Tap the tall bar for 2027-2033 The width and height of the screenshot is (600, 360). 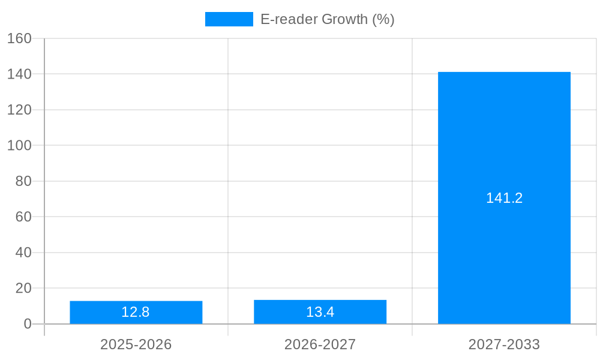coord(504,150)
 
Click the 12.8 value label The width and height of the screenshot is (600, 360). coord(136,313)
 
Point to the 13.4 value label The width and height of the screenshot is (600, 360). coord(320,313)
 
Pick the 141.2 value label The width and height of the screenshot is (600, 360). coord(504,199)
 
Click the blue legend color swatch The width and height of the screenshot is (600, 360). coord(229,19)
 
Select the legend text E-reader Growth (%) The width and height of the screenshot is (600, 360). coord(327,19)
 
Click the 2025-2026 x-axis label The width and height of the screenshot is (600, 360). coord(136,344)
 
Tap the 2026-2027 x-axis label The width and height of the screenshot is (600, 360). coord(320,344)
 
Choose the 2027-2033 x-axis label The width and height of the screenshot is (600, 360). coord(504,344)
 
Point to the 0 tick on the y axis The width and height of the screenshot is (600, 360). coord(27,324)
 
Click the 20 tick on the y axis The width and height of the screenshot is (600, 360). coord(23,288)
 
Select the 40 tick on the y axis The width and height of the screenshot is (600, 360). coord(23,253)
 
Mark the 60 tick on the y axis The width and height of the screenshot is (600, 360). coord(23,217)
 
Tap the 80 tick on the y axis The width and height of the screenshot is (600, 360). coord(23,181)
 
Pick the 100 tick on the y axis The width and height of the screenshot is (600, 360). coord(19,145)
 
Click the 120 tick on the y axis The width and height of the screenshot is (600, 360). coord(19,110)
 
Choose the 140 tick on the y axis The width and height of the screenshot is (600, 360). coord(19,74)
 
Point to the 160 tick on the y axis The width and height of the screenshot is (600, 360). coord(19,38)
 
